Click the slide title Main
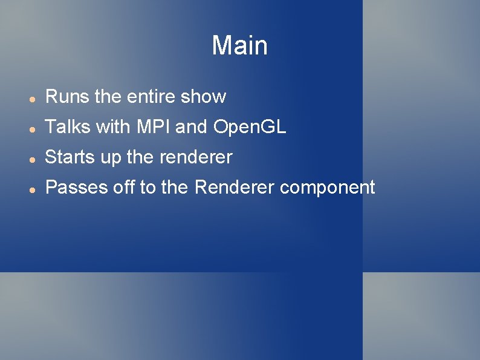239,46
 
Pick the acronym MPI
154,127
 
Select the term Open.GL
250,128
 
